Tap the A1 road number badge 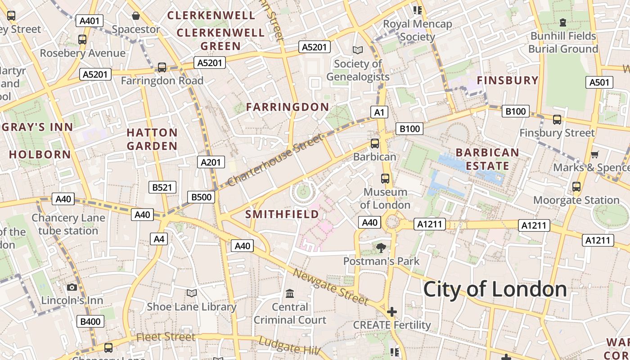(379, 112)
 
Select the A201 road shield (211, 162)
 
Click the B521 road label (162, 187)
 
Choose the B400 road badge (90, 321)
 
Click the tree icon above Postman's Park (381, 247)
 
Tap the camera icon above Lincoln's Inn (72, 287)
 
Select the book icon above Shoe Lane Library (192, 293)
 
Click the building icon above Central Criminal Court (290, 293)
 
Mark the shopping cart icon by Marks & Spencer (594, 154)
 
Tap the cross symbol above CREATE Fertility (392, 311)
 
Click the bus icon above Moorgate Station (576, 186)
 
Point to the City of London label (495, 289)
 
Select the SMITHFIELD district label (282, 214)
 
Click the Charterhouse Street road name (275, 160)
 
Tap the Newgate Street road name (331, 286)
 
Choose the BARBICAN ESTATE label (487, 159)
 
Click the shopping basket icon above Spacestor (136, 16)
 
